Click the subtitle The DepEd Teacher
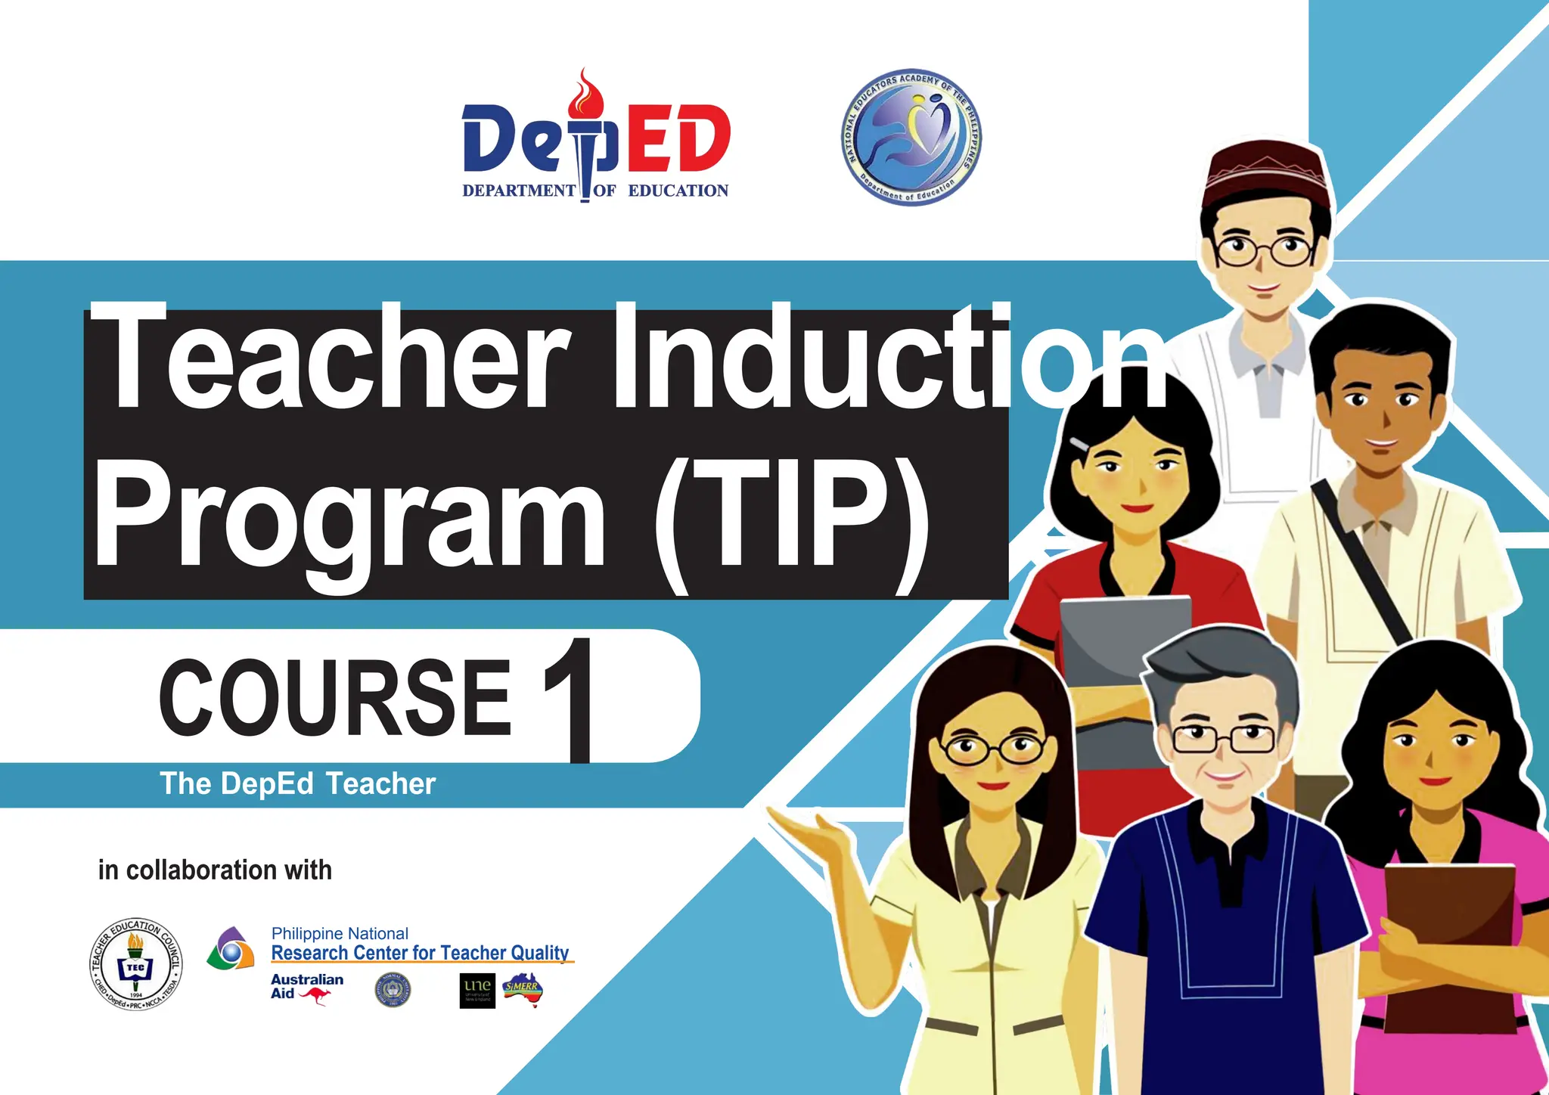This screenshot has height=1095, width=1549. pos(297,784)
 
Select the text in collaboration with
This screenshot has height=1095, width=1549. pos(215,870)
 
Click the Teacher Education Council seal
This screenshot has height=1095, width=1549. pos(135,965)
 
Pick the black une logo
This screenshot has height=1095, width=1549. pos(477,990)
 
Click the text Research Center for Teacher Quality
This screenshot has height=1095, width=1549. pos(420,953)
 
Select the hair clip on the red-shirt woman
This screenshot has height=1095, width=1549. pos(1079,444)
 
